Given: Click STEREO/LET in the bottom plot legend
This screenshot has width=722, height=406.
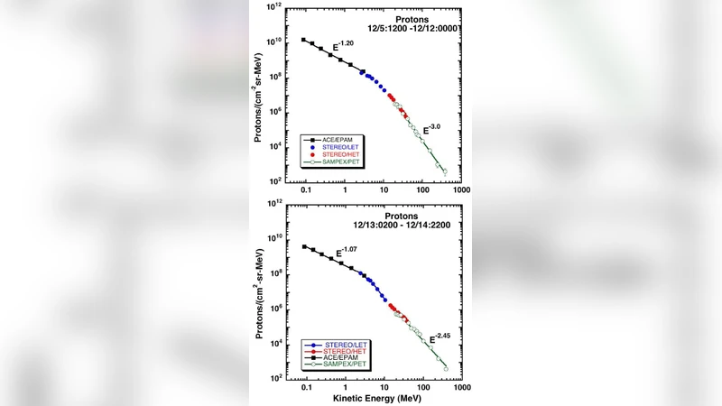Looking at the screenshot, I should pos(344,345).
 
